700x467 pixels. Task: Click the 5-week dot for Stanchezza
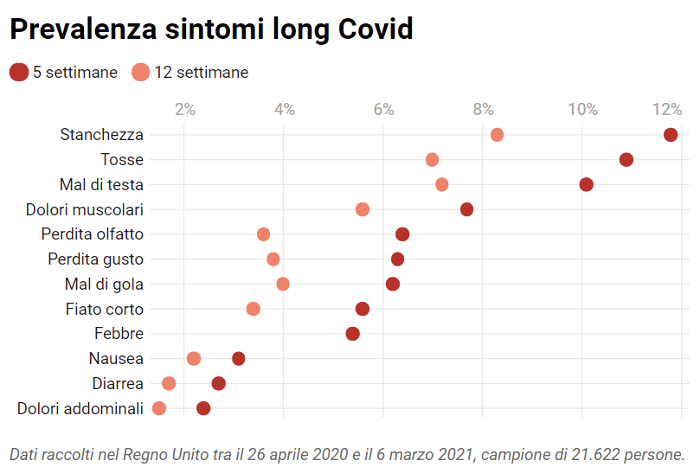671,135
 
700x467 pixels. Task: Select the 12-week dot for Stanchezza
497,135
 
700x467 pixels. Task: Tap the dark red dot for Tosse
626,160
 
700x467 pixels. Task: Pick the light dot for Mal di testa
442,184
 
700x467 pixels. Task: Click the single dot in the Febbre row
352,334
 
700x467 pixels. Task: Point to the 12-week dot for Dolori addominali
159,408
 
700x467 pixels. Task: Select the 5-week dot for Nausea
239,358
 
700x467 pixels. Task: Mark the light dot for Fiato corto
253,309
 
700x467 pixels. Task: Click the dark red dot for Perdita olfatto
402,234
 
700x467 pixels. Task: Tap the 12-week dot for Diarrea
169,383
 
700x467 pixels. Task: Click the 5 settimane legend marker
19,73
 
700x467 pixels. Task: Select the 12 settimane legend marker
141,73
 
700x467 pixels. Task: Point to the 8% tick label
483,109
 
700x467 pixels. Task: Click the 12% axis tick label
667,109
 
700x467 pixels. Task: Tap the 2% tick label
185,109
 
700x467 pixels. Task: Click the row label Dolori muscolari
85,209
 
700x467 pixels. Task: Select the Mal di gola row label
104,284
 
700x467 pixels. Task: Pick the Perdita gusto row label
95,259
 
